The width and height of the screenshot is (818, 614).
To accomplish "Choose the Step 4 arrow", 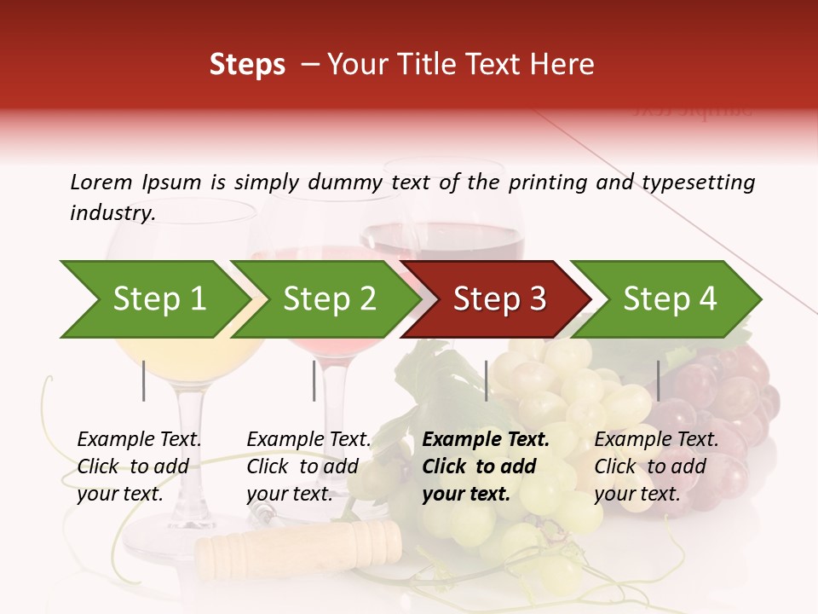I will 669,299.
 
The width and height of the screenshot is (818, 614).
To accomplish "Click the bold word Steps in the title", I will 247,65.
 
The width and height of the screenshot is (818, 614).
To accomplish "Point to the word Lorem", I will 101,182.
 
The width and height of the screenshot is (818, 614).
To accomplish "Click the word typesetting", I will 698,182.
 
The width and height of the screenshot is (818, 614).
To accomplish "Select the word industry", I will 113,212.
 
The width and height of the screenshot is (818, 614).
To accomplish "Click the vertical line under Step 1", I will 144,380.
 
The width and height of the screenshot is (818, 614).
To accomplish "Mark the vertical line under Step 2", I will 314,380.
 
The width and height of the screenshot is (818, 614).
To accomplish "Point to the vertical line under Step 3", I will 487,380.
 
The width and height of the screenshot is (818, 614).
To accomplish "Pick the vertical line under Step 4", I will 659,380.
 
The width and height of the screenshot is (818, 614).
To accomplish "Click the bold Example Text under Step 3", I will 486,439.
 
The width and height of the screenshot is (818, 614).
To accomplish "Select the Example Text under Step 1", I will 139,439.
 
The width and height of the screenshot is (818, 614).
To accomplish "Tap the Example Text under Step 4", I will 656,439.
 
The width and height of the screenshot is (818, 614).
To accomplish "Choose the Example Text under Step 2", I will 308,439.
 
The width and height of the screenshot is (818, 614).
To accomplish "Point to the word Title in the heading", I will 414,65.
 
